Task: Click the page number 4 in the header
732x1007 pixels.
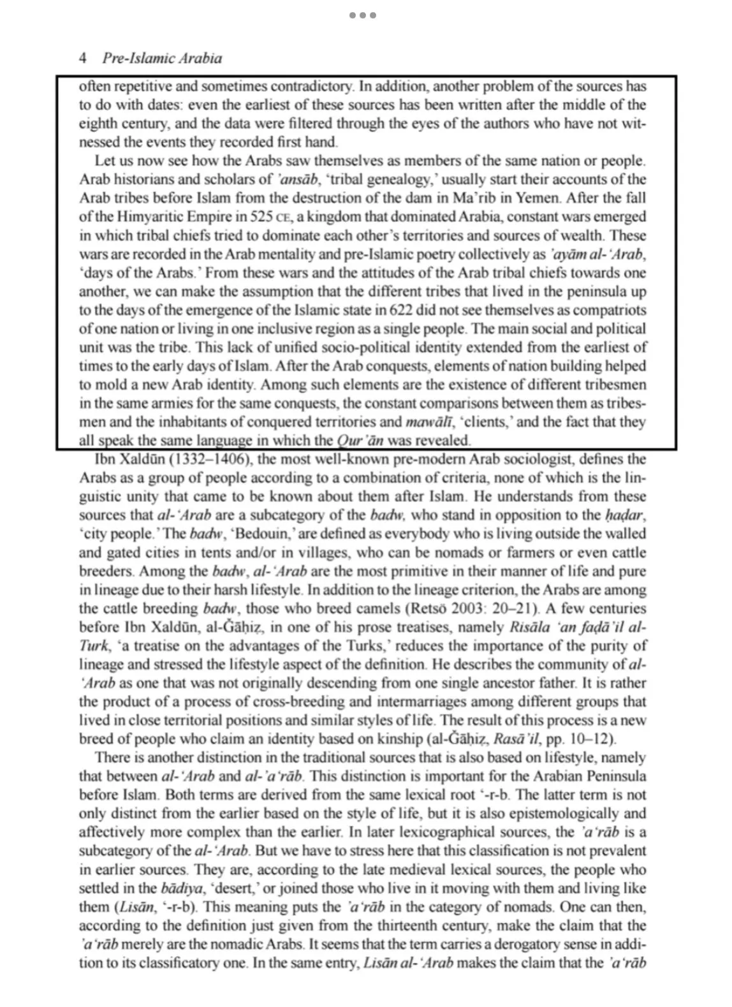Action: pos(83,59)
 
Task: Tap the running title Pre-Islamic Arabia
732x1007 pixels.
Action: pos(162,59)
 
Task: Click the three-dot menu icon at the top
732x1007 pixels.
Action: pos(363,15)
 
